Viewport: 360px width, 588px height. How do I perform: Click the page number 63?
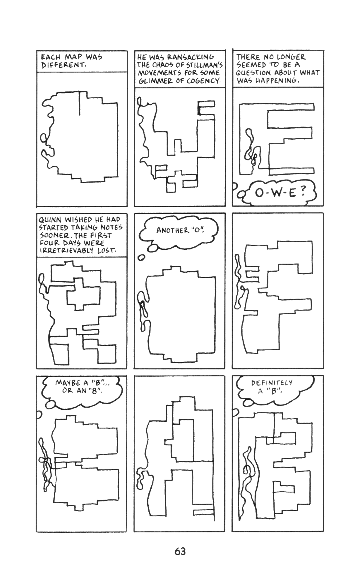(x=180, y=551)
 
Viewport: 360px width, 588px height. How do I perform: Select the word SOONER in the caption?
(x=50, y=235)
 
